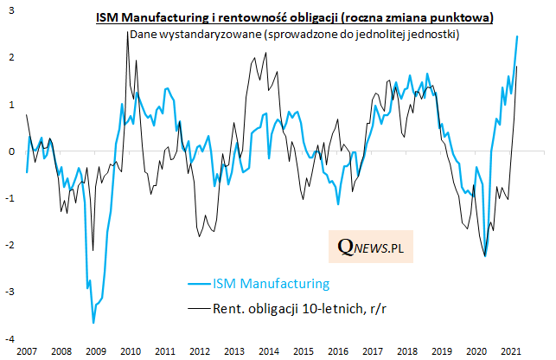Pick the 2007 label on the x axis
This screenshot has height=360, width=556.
tap(26, 351)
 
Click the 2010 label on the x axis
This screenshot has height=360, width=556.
tap(131, 351)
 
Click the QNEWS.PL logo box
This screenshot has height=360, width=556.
tap(371, 247)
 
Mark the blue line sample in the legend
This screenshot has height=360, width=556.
tap(200, 283)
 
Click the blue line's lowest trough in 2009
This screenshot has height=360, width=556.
tap(93, 323)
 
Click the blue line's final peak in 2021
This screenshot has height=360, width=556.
tap(517, 36)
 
